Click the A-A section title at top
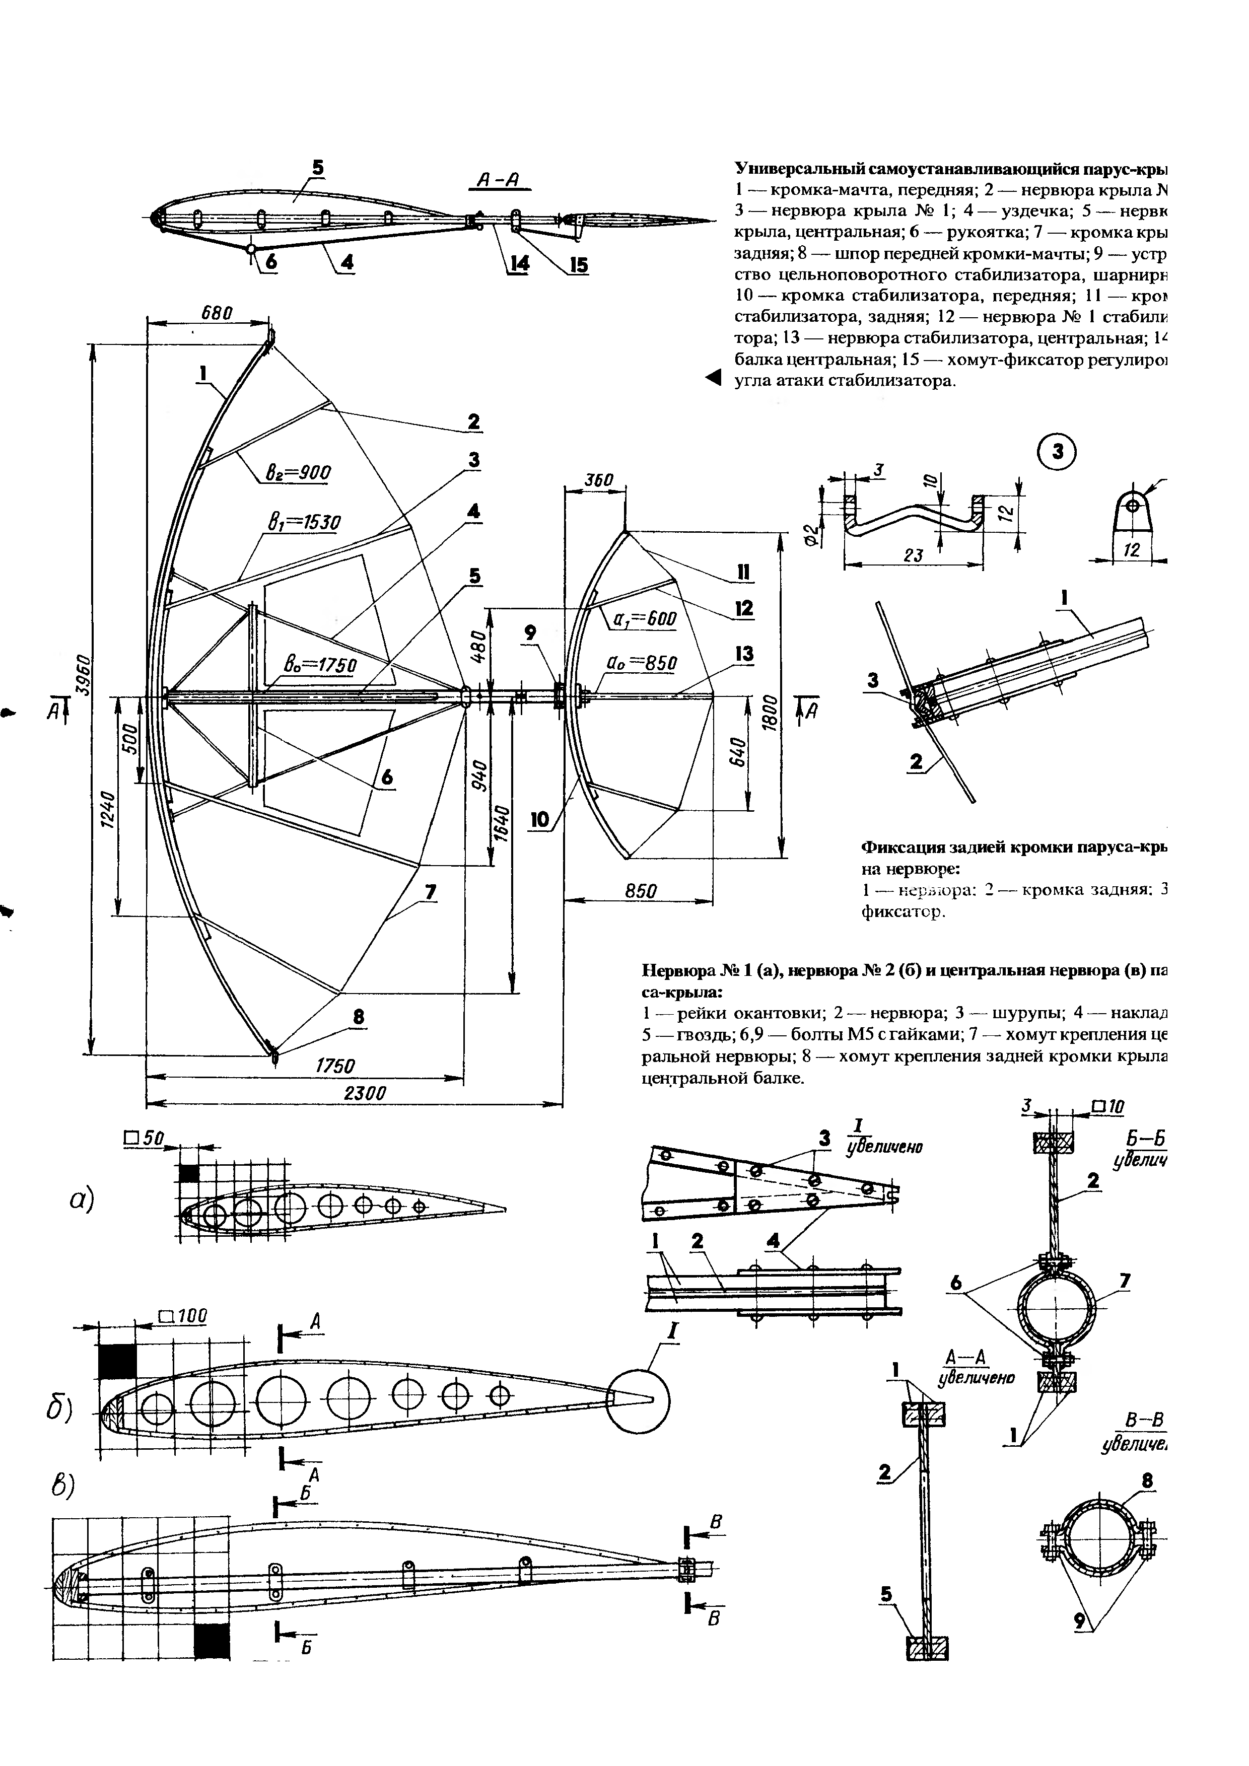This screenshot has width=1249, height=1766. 499,180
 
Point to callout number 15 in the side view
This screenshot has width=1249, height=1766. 578,265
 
